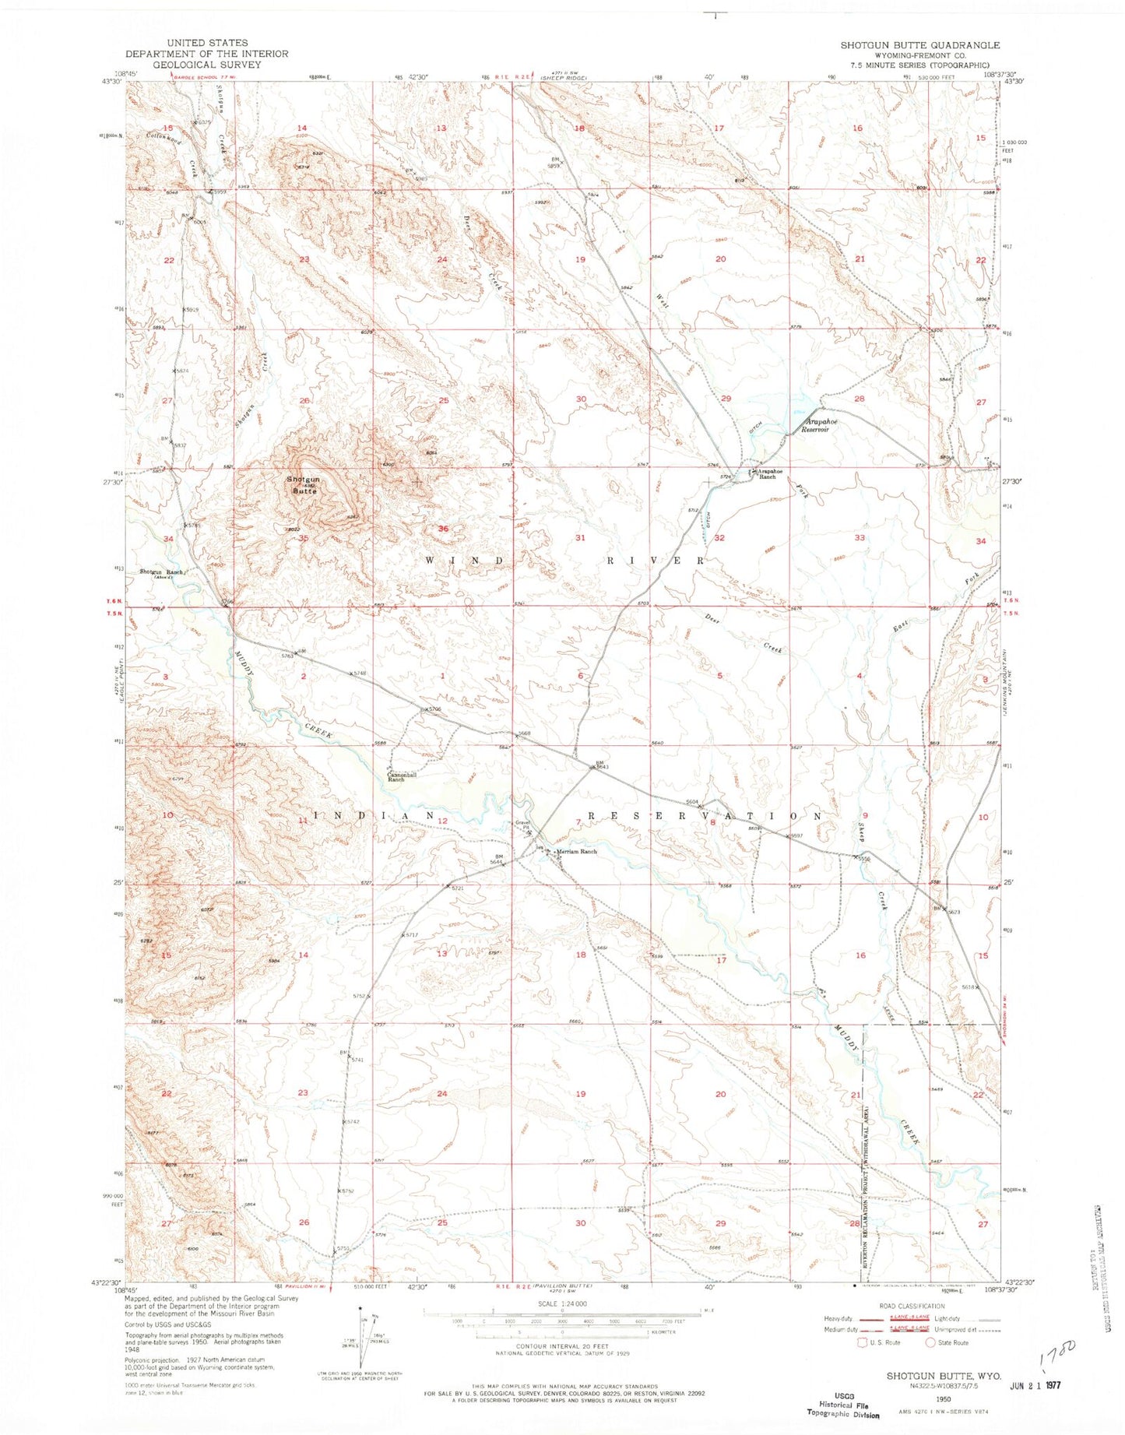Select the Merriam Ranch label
[x=576, y=852]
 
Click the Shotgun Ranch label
[x=161, y=573]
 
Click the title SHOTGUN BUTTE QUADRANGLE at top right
[x=919, y=45]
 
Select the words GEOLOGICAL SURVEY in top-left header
[x=206, y=65]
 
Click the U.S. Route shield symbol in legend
[x=862, y=1342]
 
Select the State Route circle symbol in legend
[x=930, y=1342]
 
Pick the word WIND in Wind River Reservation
[x=457, y=561]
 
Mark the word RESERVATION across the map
[x=704, y=816]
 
